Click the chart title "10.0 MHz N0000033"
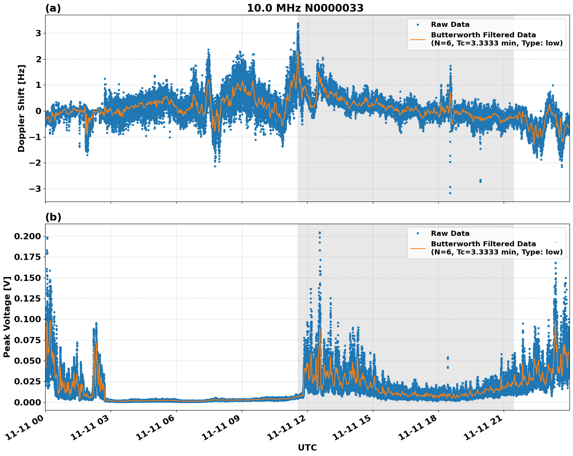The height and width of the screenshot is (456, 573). (305, 8)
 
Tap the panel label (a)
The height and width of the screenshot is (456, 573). (53, 8)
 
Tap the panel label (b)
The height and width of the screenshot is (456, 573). (53, 217)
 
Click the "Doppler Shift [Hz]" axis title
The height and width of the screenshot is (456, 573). (21, 108)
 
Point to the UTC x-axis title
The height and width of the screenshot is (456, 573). (307, 447)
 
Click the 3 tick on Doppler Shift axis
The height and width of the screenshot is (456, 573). (38, 33)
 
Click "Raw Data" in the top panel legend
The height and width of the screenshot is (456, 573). (450, 25)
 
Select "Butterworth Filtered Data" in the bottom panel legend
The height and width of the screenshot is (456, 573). (483, 244)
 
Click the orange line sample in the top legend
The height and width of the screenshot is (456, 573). (418, 39)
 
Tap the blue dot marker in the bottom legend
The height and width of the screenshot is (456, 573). (418, 233)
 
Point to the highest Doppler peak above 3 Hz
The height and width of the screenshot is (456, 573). (298, 24)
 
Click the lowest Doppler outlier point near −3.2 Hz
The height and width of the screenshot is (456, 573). (450, 193)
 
